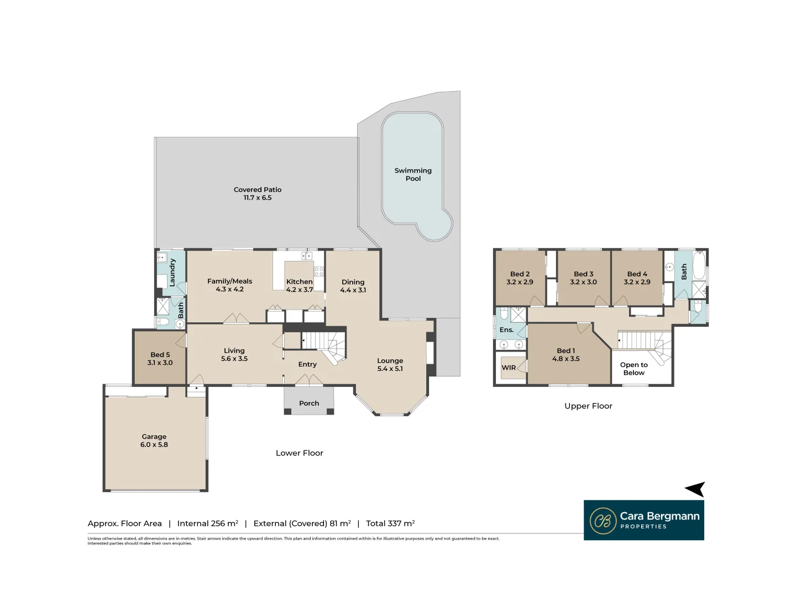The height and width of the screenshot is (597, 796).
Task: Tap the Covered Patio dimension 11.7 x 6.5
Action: coord(258,198)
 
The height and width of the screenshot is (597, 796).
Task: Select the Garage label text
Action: coord(154,436)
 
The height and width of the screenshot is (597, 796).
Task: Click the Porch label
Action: coord(309,403)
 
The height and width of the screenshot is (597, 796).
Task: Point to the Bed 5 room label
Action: coord(160,354)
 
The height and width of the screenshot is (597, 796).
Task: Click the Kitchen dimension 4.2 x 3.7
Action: coord(300,290)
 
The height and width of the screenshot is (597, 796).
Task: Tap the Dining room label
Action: coord(353,282)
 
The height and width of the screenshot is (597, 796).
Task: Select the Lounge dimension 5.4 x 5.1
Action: coord(390,369)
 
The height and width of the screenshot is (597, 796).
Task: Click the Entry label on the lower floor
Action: coord(307,364)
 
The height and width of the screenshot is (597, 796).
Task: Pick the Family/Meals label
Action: coord(229,281)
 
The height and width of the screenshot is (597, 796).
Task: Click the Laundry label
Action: coord(172,272)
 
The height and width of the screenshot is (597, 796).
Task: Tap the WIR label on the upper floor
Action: coord(509,368)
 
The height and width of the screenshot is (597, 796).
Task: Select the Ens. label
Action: coord(506,329)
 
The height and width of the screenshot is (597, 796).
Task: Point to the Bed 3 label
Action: coord(583,274)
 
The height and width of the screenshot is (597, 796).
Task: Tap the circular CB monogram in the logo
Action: coord(603,521)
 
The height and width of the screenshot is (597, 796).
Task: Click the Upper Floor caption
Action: coord(588,406)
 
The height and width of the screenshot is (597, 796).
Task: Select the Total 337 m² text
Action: coord(390,523)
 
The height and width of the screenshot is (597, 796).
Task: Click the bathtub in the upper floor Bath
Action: coord(699,266)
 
